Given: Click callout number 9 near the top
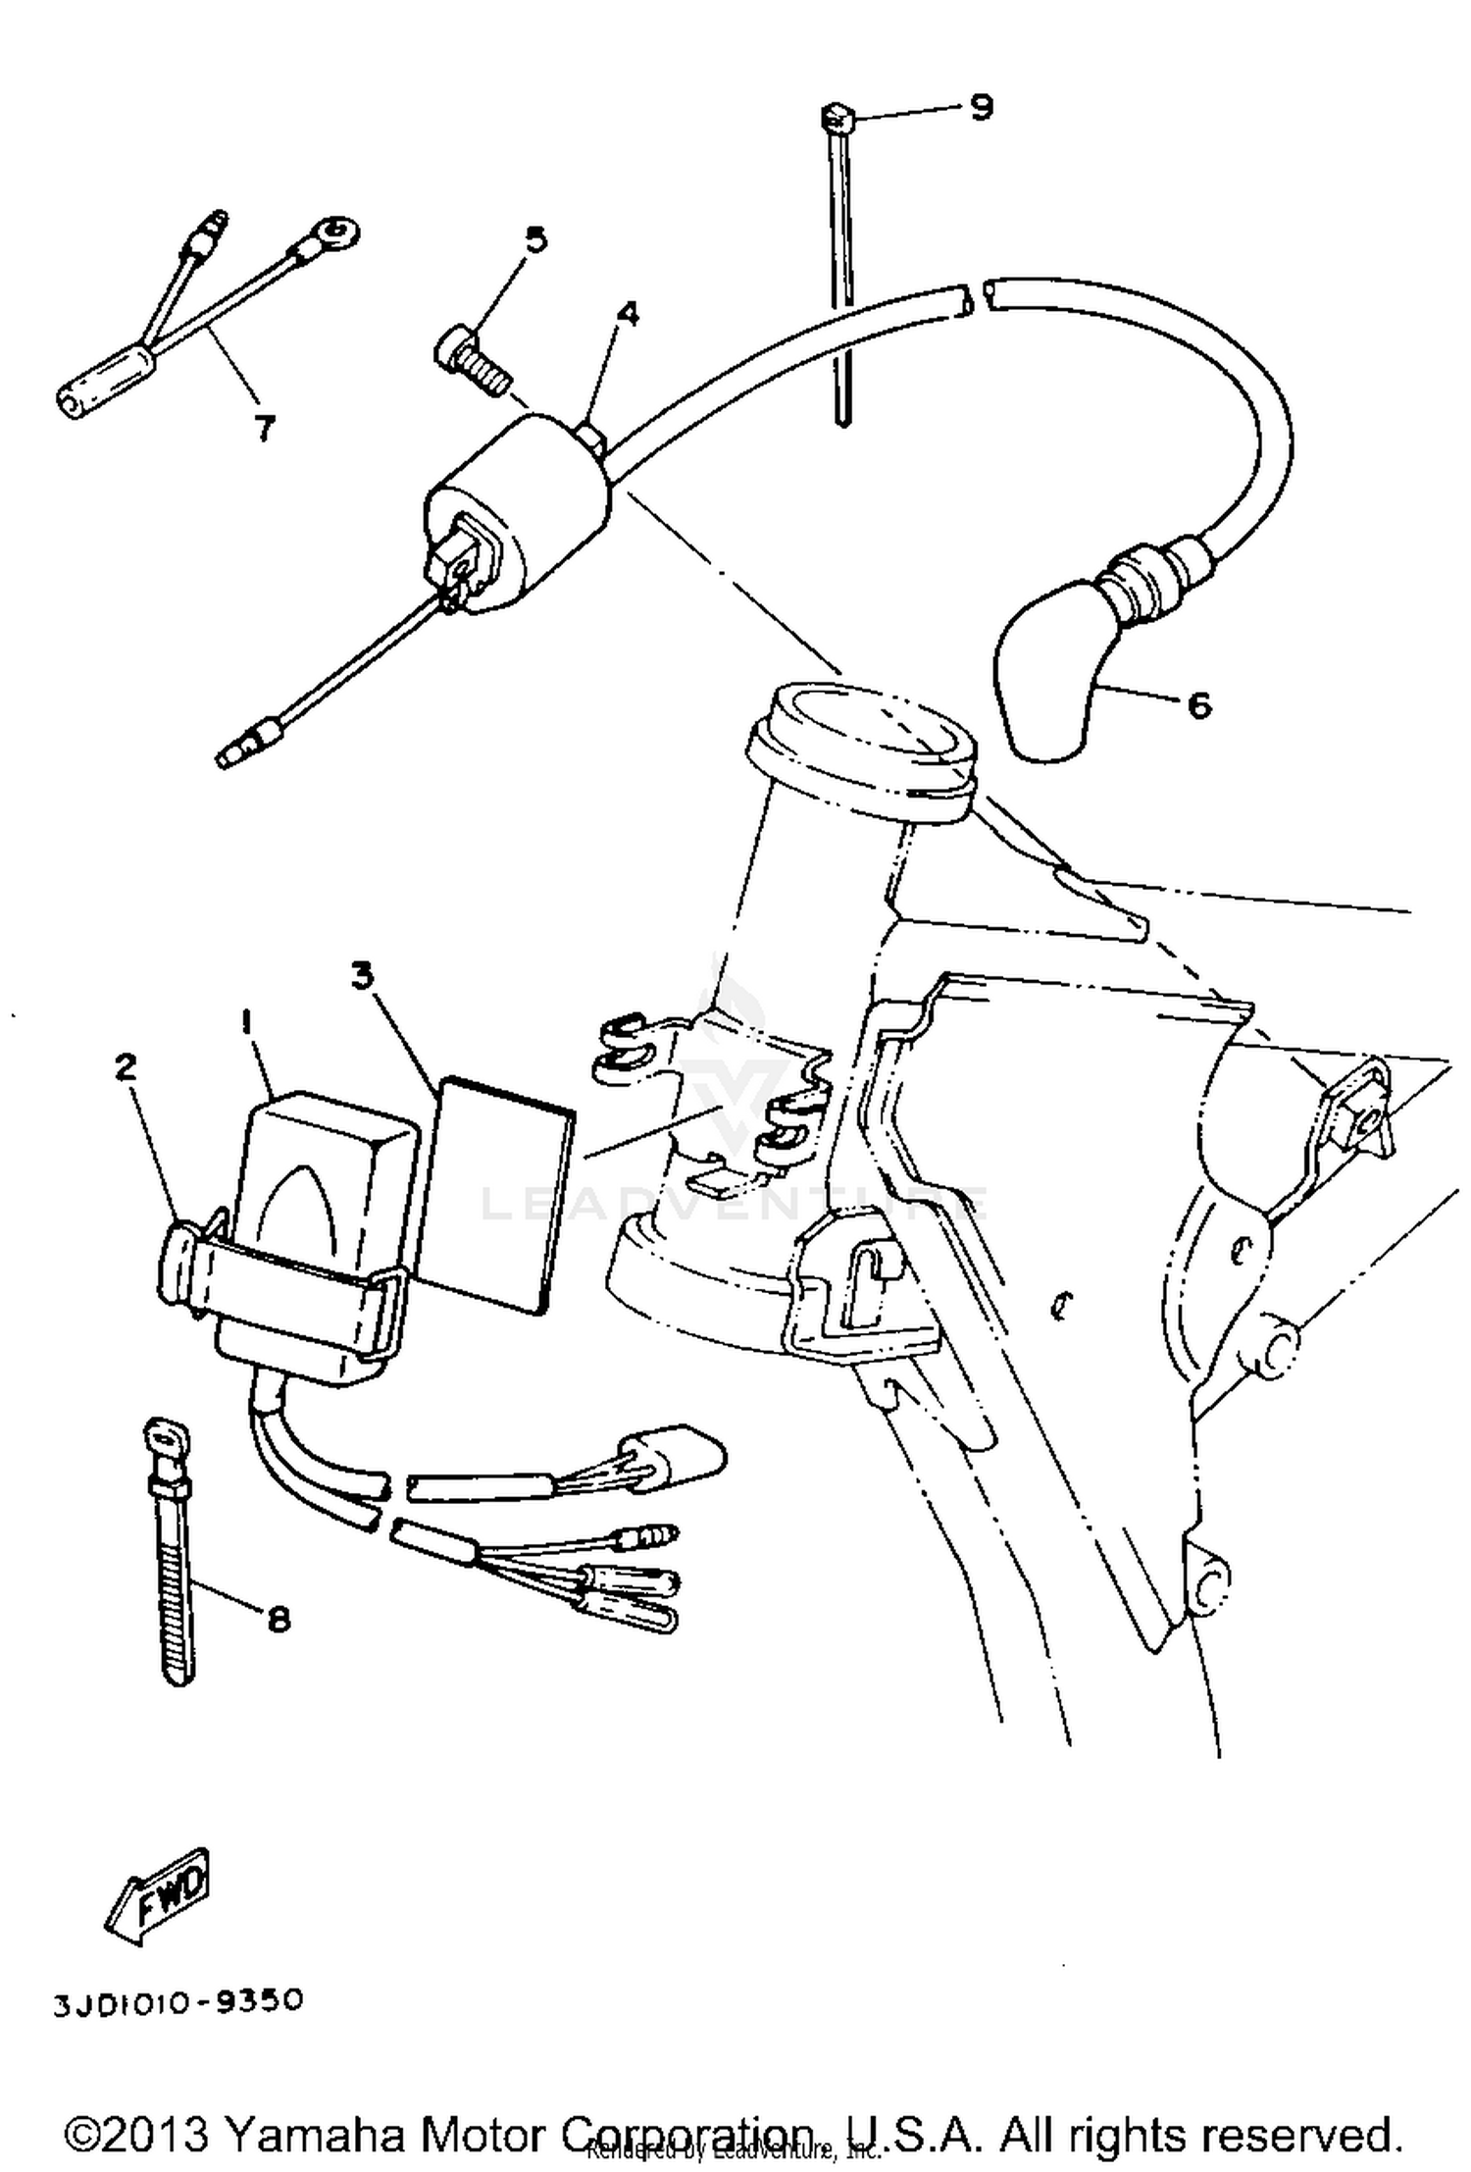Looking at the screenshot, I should (x=981, y=107).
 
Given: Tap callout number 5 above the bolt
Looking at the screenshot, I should (x=535, y=240).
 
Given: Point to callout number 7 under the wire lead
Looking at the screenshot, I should (x=264, y=428).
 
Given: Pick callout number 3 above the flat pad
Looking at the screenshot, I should (x=364, y=976).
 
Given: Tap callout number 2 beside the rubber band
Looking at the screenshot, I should (x=126, y=1066).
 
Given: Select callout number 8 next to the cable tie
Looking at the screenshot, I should (x=279, y=1618).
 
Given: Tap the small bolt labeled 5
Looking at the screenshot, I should (x=471, y=361).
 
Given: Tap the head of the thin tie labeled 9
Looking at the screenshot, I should (x=837, y=118).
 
